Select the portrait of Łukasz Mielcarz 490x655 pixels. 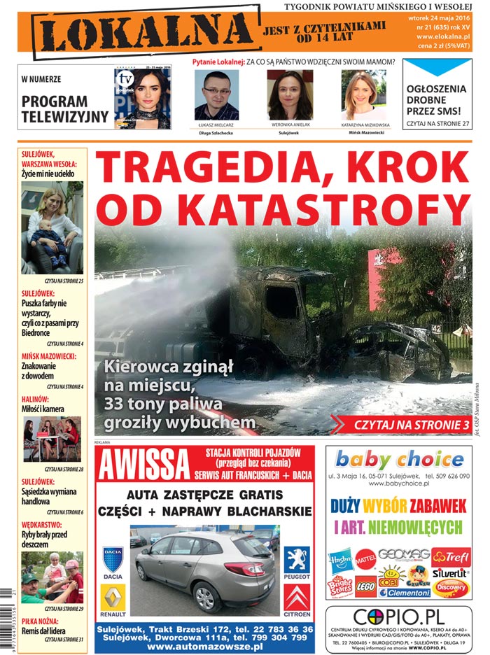[216, 95]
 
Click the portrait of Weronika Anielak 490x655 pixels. [290, 95]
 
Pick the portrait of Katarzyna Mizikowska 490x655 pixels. [363, 95]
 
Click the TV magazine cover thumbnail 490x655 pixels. [142, 99]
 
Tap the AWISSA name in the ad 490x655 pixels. [145, 465]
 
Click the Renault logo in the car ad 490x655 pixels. [113, 600]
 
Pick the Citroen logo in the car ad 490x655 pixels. [297, 600]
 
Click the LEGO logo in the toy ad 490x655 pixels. [365, 585]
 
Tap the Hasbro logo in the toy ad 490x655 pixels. [341, 560]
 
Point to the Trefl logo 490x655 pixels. [451, 557]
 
